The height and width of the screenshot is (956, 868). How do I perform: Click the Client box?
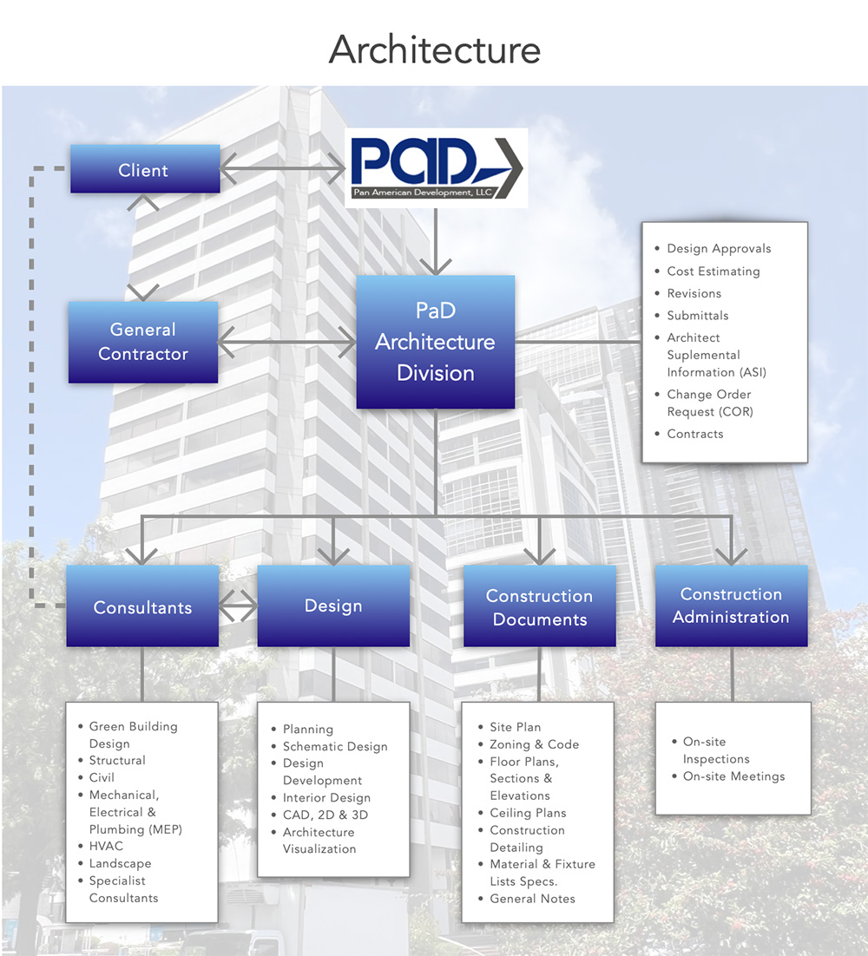pyautogui.click(x=144, y=169)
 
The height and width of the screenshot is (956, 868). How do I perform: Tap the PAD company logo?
pyautogui.click(x=436, y=167)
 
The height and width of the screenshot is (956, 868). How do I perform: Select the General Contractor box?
pyautogui.click(x=143, y=342)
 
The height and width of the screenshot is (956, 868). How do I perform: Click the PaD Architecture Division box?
pyautogui.click(x=435, y=342)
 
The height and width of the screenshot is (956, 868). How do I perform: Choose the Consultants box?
pyautogui.click(x=142, y=607)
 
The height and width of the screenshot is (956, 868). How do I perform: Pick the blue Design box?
pyautogui.click(x=333, y=606)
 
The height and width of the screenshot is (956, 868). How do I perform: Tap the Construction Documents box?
pyautogui.click(x=539, y=607)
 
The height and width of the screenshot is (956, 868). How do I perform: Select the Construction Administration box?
pyautogui.click(x=731, y=606)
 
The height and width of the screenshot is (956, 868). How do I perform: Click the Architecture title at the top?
pyautogui.click(x=434, y=49)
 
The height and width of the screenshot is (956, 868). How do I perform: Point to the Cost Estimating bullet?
pyautogui.click(x=713, y=272)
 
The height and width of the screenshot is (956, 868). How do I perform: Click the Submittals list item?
pyautogui.click(x=697, y=316)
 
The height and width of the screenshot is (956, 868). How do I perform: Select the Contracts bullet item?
pyautogui.click(x=694, y=434)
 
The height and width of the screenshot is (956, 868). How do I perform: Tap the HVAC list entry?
pyautogui.click(x=106, y=847)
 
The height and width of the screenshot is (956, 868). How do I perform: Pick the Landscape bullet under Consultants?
pyautogui.click(x=120, y=864)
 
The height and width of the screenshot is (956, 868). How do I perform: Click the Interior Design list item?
pyautogui.click(x=326, y=798)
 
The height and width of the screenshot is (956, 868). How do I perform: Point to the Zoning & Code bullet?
pyautogui.click(x=534, y=744)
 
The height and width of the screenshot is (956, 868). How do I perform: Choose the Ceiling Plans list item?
pyautogui.click(x=528, y=813)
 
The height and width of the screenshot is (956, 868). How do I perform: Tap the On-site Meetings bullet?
pyautogui.click(x=733, y=776)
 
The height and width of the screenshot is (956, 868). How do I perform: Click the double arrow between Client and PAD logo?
pyautogui.click(x=283, y=169)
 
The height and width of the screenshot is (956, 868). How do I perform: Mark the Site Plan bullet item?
pyautogui.click(x=515, y=727)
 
